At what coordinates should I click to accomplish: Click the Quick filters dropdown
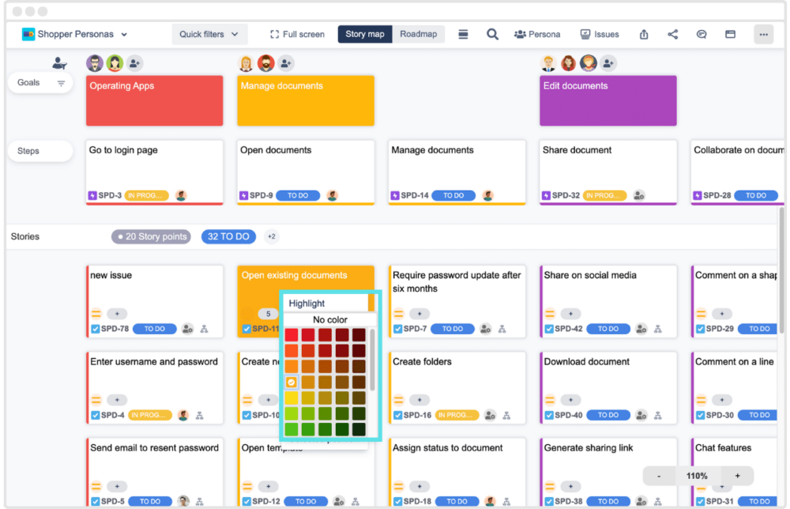pos(209,34)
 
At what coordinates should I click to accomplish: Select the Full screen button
pos(297,34)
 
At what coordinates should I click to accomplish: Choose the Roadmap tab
pos(419,34)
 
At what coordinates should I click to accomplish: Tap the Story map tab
pos(365,34)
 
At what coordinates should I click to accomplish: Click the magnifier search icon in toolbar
pos(492,34)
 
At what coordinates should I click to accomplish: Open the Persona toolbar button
pos(537,34)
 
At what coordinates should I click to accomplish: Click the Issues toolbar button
pos(600,34)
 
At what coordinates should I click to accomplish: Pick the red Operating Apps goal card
pos(154,100)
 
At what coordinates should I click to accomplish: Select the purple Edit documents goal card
pos(608,100)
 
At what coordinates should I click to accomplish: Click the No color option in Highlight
pos(330,319)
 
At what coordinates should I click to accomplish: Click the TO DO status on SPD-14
pos(453,195)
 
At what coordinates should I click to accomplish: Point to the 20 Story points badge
pos(151,236)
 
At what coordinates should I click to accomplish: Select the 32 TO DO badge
pos(228,236)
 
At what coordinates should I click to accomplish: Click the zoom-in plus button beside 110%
pos(738,476)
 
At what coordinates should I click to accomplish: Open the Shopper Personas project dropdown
pos(75,34)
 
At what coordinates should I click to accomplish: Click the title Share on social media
pos(589,275)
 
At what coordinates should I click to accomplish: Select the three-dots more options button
pos(763,34)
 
